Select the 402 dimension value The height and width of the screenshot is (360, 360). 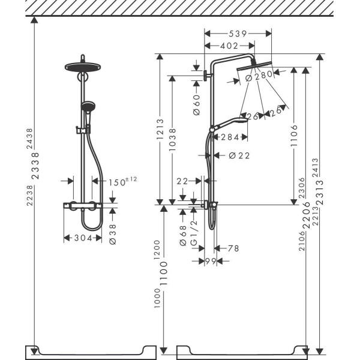pos(228,46)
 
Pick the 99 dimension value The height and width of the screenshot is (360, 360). pos(209,261)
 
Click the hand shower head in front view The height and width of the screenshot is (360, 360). pos(86,108)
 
